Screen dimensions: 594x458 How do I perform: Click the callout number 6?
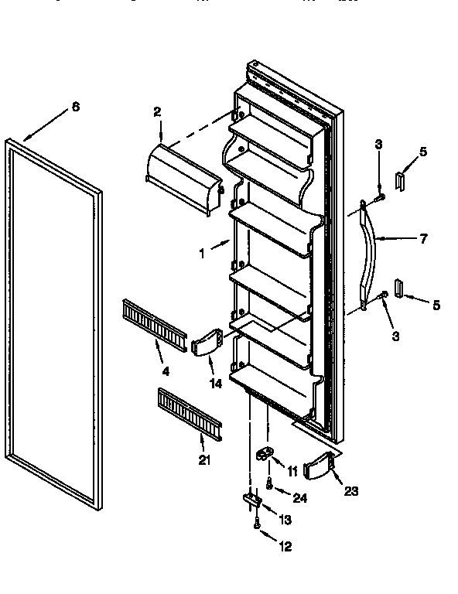pyautogui.click(x=75, y=107)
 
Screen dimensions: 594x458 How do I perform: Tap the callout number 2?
pyautogui.click(x=157, y=112)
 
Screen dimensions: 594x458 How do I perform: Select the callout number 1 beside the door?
pyautogui.click(x=202, y=253)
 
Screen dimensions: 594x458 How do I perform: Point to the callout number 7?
pyautogui.click(x=422, y=239)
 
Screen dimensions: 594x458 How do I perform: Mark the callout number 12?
pyautogui.click(x=285, y=547)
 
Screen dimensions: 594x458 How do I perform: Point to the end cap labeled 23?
pyautogui.click(x=321, y=466)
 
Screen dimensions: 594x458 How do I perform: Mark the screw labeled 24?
pyautogui.click(x=268, y=484)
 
